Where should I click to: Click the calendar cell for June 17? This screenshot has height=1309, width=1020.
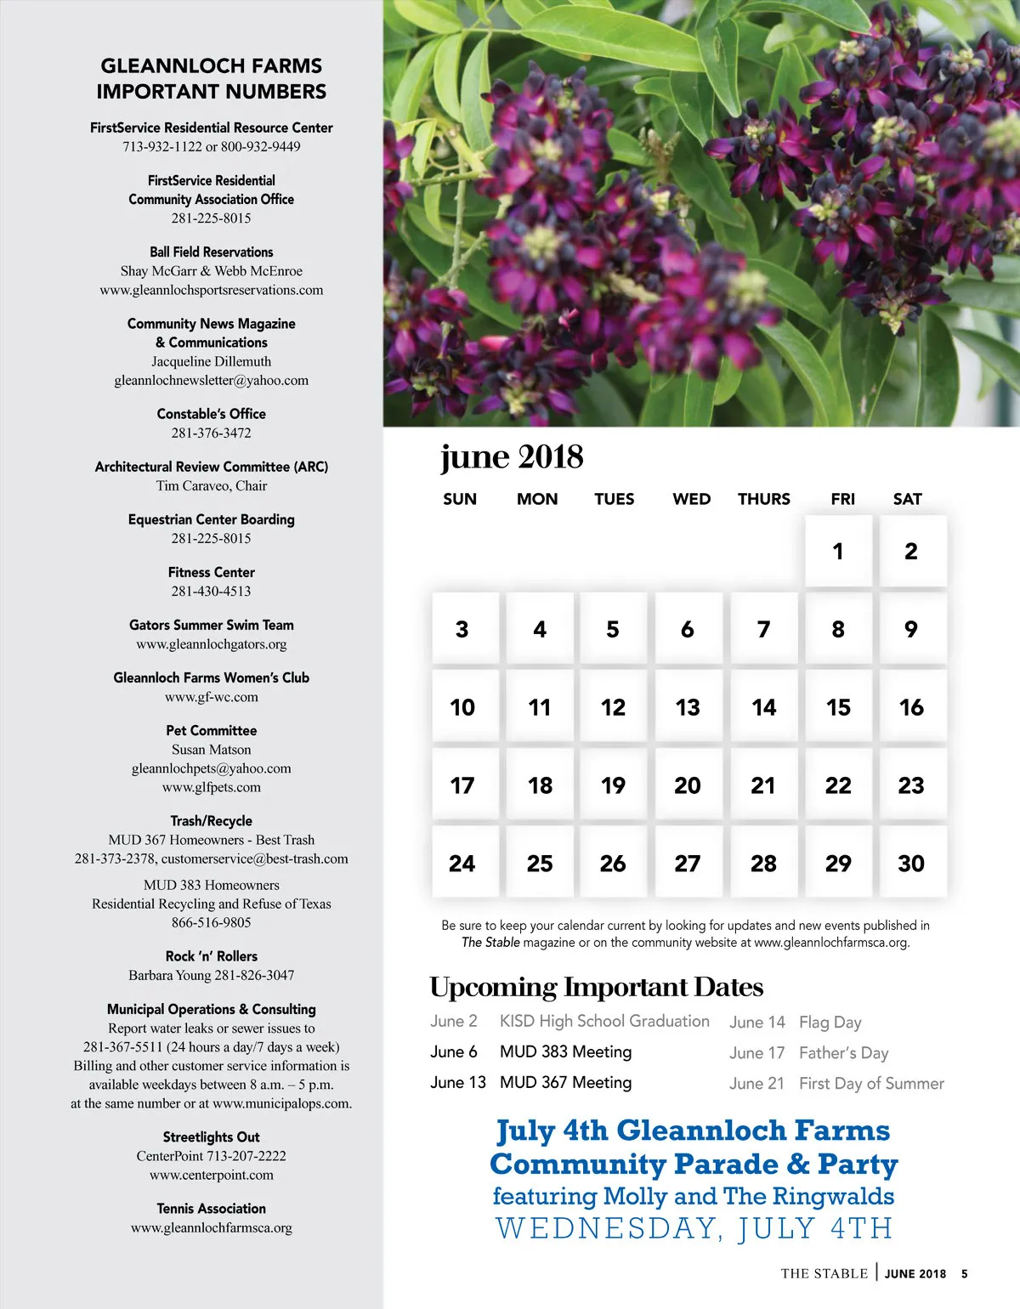[x=463, y=785]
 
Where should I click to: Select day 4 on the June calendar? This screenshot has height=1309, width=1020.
[x=539, y=629]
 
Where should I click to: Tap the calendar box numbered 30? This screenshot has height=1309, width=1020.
[x=911, y=863]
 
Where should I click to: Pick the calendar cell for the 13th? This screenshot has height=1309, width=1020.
[x=688, y=707]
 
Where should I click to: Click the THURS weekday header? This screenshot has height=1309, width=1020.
[x=763, y=499]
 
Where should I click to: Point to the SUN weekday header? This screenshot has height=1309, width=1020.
[x=460, y=499]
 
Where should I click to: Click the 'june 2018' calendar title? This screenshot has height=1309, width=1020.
[x=512, y=457]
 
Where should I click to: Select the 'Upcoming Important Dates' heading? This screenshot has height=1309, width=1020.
[x=596, y=987]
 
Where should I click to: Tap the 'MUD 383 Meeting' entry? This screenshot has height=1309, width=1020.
[x=565, y=1051]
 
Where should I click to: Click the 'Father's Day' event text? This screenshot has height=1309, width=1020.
[x=843, y=1053]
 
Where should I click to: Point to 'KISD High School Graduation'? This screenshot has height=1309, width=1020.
[x=604, y=1021]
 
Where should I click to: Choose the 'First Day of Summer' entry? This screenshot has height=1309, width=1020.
[x=871, y=1084]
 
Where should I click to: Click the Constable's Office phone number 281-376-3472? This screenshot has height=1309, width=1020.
[x=212, y=433]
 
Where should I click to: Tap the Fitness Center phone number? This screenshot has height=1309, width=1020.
[x=212, y=591]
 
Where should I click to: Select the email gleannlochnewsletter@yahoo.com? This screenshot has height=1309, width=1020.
[x=212, y=380]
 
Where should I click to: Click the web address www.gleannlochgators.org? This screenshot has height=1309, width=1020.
[x=212, y=643]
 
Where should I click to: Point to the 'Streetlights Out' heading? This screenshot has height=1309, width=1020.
[x=212, y=1136]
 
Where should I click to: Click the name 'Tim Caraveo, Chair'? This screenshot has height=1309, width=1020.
[x=212, y=485]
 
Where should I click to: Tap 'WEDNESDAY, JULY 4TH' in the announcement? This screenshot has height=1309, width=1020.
[x=694, y=1228]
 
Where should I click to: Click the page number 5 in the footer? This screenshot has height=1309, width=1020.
[x=964, y=1273]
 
